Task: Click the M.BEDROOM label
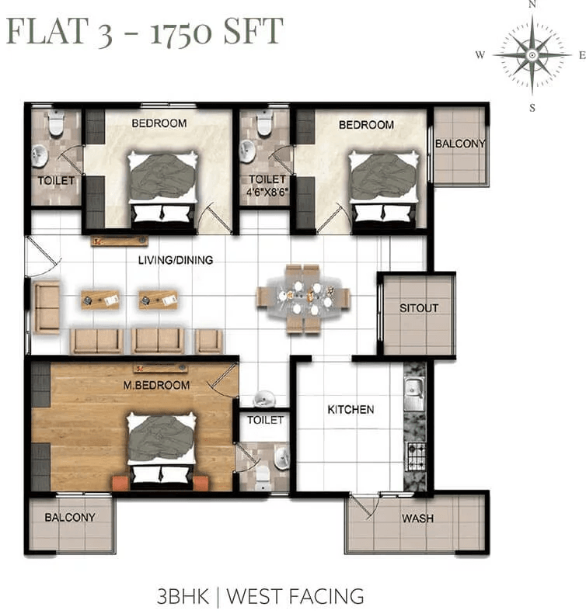[156, 385]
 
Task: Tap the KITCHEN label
[351, 410]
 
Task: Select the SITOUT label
[419, 308]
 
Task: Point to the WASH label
[417, 519]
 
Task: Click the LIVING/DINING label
[176, 260]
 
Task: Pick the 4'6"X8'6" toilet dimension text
[267, 193]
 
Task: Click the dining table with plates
[303, 298]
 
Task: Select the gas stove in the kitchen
[415, 457]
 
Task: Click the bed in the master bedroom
[161, 450]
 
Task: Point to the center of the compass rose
[532, 55]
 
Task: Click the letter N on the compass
[532, 4]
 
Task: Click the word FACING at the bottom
[327, 596]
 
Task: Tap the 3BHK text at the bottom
[183, 596]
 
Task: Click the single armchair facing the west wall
[47, 307]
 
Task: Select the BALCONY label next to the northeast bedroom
[460, 144]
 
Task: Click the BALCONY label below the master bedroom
[70, 517]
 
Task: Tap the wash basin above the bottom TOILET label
[263, 399]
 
